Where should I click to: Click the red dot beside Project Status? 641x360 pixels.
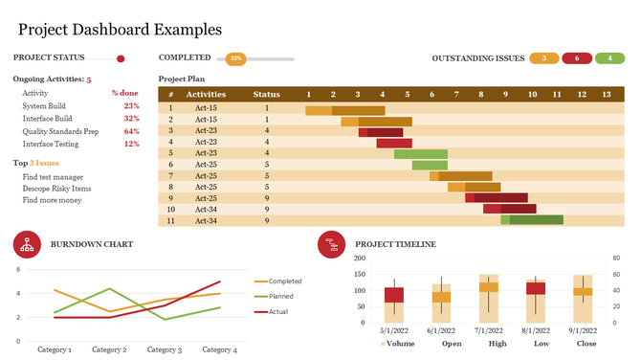pyautogui.click(x=121, y=58)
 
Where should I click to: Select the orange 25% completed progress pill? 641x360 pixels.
pyautogui.click(x=234, y=58)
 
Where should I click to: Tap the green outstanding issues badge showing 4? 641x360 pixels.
pyautogui.click(x=609, y=58)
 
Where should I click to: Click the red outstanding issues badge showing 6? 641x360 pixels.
pyautogui.click(x=577, y=58)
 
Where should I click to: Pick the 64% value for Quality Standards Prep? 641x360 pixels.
pyautogui.click(x=132, y=131)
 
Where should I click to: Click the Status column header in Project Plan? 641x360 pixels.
pyautogui.click(x=266, y=95)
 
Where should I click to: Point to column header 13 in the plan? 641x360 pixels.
pyautogui.click(x=606, y=95)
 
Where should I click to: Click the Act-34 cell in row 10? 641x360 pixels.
pyautogui.click(x=206, y=209)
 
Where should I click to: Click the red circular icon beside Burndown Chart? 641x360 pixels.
pyautogui.click(x=27, y=244)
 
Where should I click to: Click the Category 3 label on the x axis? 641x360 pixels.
pyautogui.click(x=164, y=349)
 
